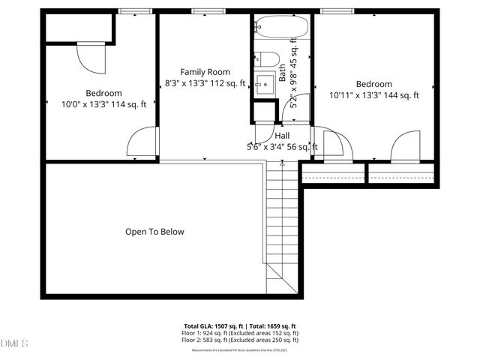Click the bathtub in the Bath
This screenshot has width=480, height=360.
pos(281,28)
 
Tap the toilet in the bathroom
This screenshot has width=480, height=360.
pos(266,60)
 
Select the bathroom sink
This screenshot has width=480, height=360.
pos(264,83)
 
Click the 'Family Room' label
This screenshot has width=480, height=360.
pos(203,71)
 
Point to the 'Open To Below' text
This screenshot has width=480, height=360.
pos(154,232)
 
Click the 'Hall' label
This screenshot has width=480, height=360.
pos(282,136)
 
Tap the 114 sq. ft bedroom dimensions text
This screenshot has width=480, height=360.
pos(103,104)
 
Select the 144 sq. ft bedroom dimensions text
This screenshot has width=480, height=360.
pos(373,95)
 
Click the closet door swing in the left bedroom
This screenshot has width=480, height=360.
pos(89,57)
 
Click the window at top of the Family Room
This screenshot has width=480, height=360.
pos(203,11)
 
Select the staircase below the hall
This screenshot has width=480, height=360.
pos(283,225)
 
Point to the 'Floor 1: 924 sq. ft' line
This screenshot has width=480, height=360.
pos(240,333)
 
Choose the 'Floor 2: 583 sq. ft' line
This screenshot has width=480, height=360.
pos(240,340)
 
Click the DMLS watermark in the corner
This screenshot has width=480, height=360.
pos(13,343)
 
